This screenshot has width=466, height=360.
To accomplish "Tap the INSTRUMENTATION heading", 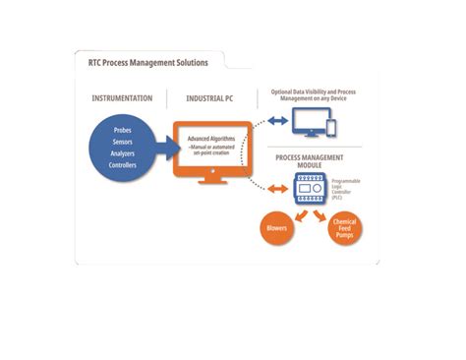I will point(123,99).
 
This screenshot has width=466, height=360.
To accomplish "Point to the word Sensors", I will point(123,143).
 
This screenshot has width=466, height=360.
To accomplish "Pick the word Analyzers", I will point(123,153).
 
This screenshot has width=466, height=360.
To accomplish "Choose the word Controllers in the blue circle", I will point(123,165).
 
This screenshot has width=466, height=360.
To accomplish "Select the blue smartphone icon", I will point(330,129).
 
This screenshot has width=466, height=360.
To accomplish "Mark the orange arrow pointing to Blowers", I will point(294,210).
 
